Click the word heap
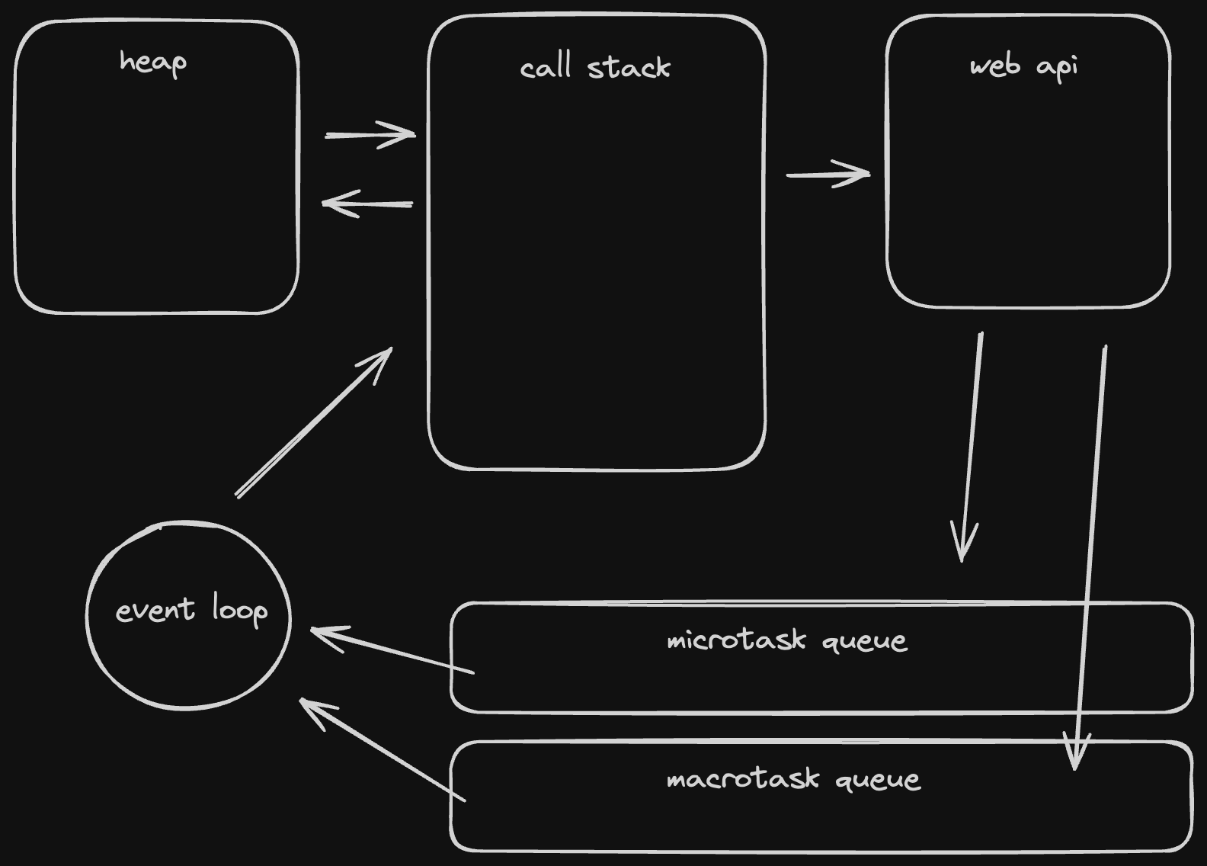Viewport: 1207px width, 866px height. coord(152,63)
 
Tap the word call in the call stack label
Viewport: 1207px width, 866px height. coord(546,68)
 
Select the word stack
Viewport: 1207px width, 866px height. coord(629,68)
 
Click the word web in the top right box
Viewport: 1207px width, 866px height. coord(994,66)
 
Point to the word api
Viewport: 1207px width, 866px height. coord(1058,67)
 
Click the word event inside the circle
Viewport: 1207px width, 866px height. coord(155,611)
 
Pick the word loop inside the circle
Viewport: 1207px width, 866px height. coord(239,611)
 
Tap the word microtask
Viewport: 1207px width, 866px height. coord(735,640)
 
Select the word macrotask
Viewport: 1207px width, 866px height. coord(743,779)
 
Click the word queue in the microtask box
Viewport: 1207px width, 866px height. coord(865,641)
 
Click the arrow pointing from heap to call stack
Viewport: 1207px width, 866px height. coord(370,135)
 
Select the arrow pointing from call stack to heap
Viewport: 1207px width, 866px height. coord(367,204)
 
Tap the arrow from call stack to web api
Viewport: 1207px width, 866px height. coord(828,175)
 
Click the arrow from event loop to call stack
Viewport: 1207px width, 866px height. coord(314,422)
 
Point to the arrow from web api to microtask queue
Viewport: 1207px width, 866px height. coord(972,446)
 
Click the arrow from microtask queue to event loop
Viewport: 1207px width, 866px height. coord(392,650)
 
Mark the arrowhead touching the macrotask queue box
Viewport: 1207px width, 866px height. coord(1075,755)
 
